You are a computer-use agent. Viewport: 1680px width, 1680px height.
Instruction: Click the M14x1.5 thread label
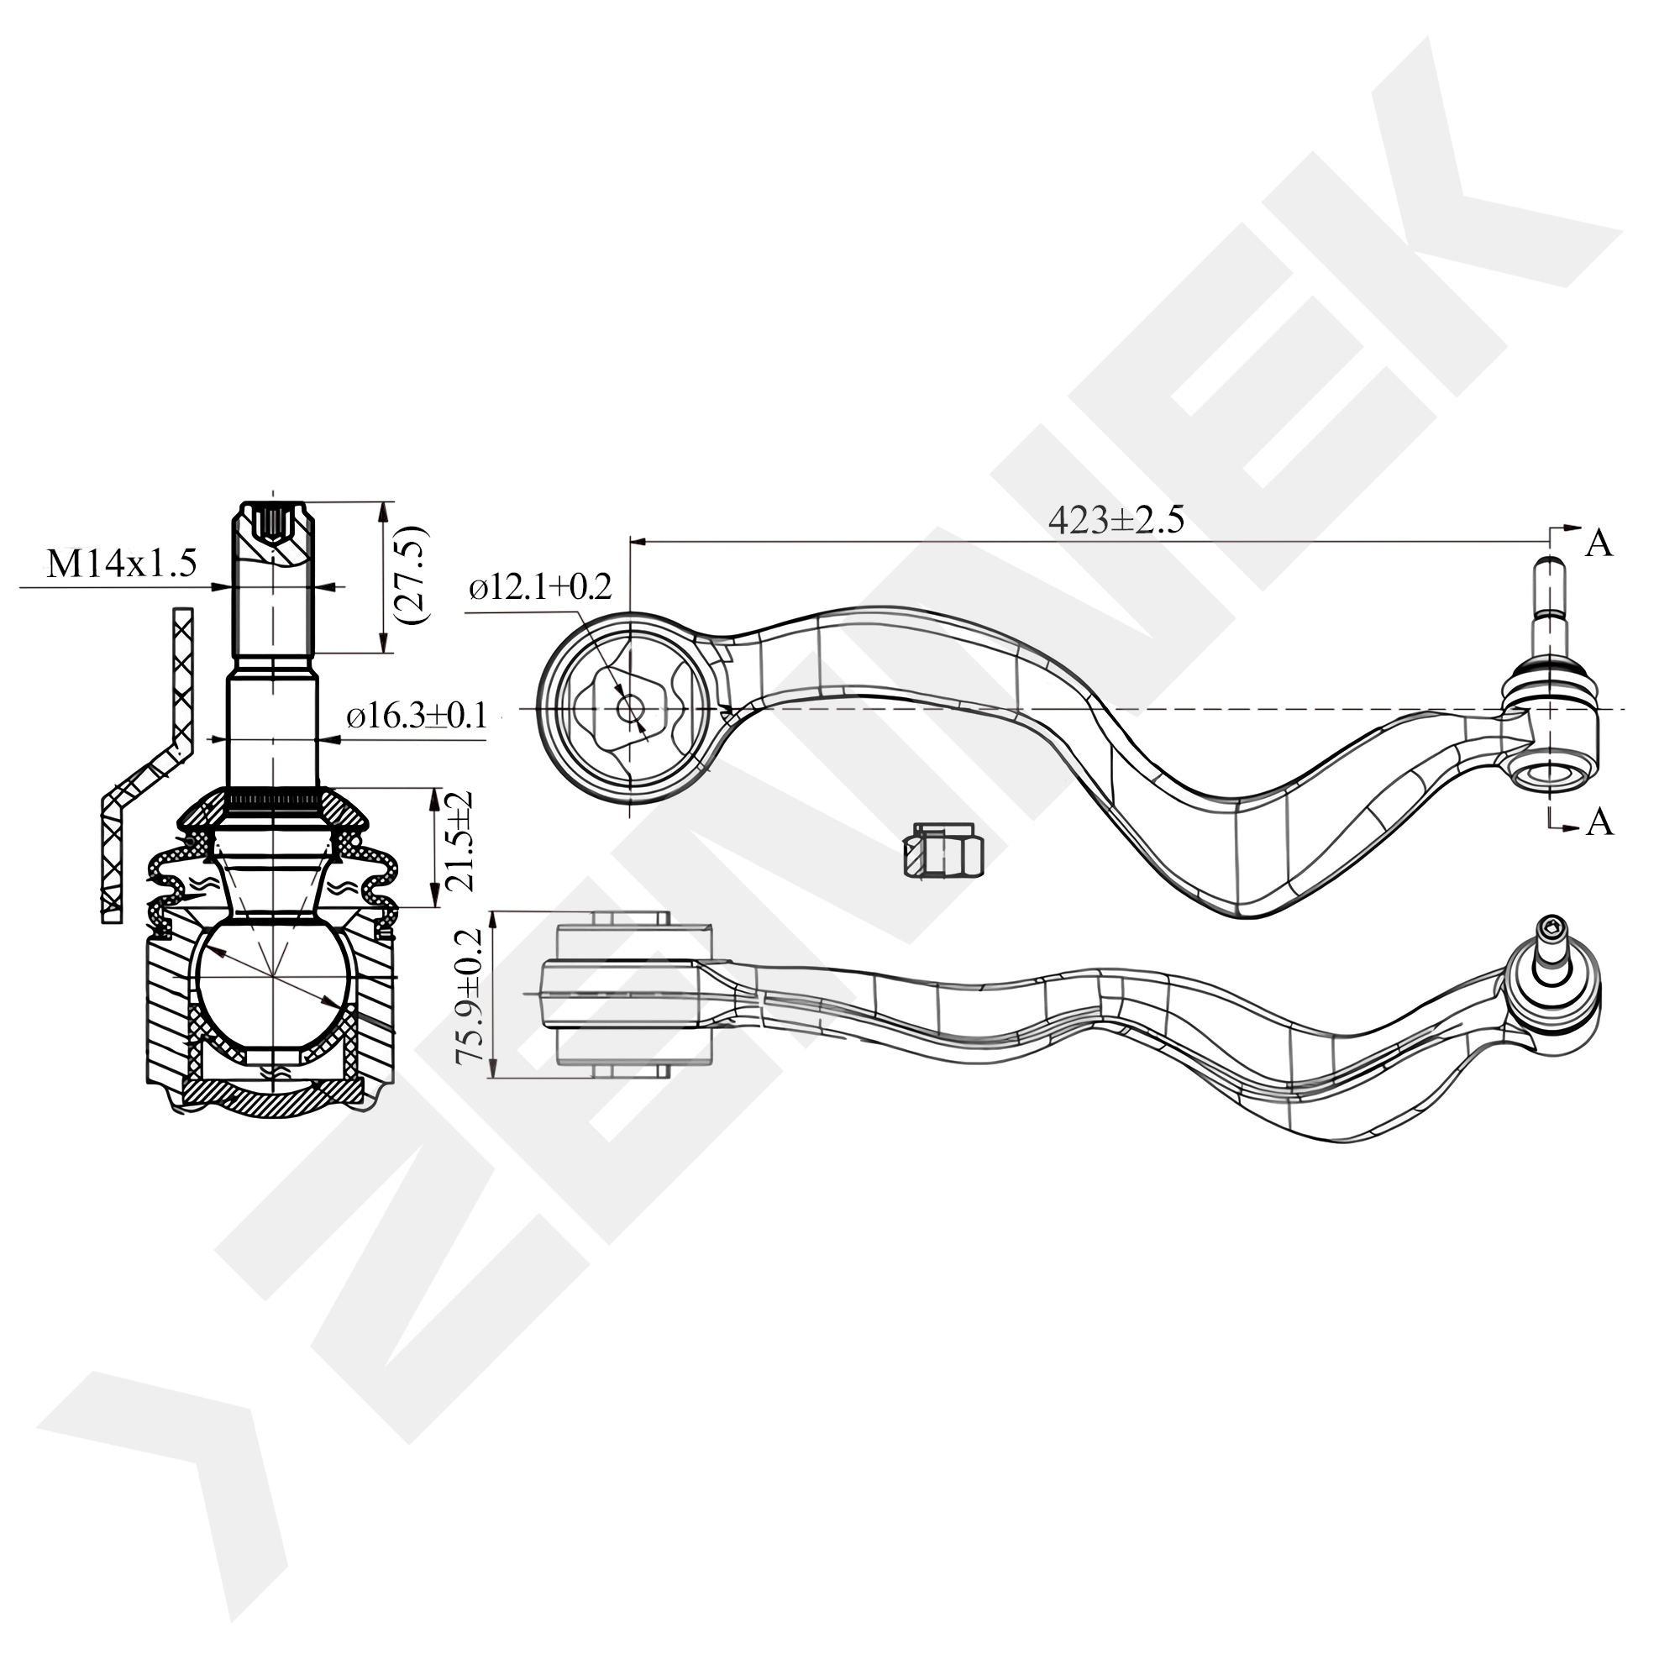pyautogui.click(x=122, y=564)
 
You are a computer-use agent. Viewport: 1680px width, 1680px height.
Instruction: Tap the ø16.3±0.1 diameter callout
pyautogui.click(x=416, y=717)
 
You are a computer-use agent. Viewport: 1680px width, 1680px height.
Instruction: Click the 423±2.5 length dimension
pyautogui.click(x=1116, y=520)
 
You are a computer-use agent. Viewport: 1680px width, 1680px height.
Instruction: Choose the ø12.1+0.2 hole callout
pyautogui.click(x=540, y=587)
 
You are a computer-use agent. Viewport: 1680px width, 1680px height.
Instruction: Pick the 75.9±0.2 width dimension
pyautogui.click(x=469, y=996)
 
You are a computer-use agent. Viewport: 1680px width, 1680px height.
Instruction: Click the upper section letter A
pyautogui.click(x=1599, y=543)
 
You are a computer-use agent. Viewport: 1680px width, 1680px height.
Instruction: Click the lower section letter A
pyautogui.click(x=1599, y=822)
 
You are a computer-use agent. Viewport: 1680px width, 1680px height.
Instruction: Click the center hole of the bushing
pyautogui.click(x=628, y=708)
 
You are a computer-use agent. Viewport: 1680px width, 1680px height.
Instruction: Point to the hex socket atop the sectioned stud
pyautogui.click(x=275, y=523)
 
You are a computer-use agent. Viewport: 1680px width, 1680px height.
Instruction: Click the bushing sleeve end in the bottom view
pyautogui.click(x=631, y=920)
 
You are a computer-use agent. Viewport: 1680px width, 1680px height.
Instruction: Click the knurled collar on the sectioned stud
pyautogui.click(x=272, y=797)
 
